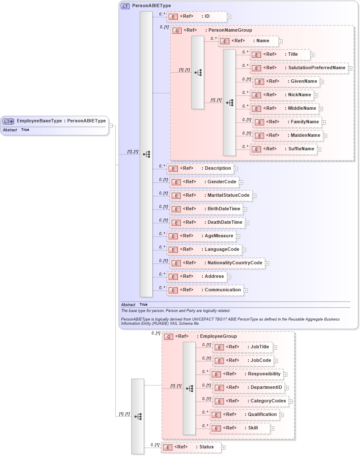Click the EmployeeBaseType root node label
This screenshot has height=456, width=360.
61,121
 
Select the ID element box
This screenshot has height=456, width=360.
196,16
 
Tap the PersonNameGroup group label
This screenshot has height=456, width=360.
228,30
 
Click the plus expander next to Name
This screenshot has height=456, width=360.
281,41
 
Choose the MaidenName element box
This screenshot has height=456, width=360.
288,136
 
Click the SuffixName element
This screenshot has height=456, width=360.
283,149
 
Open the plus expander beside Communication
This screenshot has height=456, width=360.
245,290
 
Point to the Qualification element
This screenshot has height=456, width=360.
245,415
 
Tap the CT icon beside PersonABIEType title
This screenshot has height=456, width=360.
125,6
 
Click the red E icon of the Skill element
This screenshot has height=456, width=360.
216,429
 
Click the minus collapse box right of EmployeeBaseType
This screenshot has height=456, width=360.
110,125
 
